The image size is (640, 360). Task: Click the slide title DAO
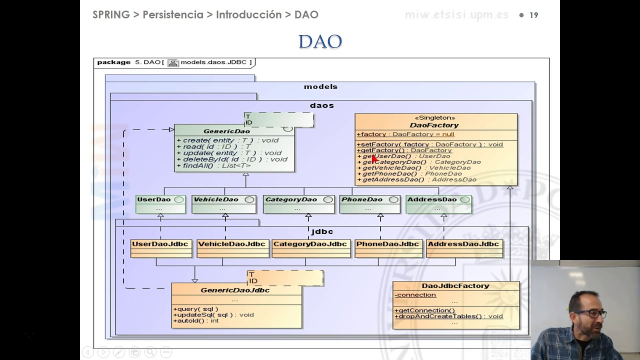[x=320, y=41]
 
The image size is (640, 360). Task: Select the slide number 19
[x=533, y=15]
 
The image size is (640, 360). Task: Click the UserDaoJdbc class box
[x=161, y=248]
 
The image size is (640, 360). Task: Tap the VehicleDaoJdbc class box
[x=231, y=248]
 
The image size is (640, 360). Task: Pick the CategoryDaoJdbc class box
[x=310, y=248]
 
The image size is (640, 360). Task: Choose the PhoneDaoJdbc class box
[x=387, y=248]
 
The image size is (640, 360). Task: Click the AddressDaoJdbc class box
[x=463, y=248]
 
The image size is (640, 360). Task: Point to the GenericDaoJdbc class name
[x=235, y=290]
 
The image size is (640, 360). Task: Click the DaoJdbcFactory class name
[x=455, y=286]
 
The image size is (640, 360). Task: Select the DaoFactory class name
[x=434, y=125]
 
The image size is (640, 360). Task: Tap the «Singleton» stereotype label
[x=434, y=118]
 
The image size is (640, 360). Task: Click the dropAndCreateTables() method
[x=448, y=316]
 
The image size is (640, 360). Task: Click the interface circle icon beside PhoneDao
[x=393, y=199]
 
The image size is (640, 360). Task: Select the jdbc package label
[x=321, y=231]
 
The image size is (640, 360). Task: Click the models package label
[x=320, y=86]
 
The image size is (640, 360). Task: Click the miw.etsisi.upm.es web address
[x=456, y=15]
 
